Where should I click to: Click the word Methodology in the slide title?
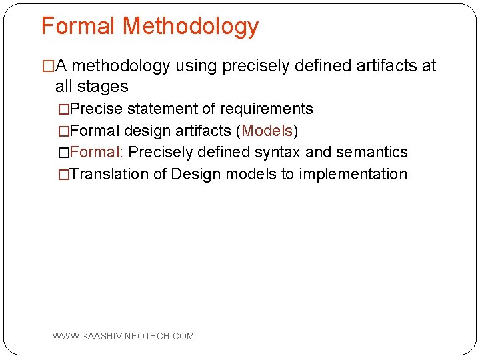191,27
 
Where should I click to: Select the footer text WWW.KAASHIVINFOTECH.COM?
123,336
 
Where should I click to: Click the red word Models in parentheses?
267,130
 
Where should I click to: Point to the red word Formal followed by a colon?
96,152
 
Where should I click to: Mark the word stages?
104,87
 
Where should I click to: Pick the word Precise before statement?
96,109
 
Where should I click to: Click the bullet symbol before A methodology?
47,66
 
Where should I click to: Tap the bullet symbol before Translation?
63,175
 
